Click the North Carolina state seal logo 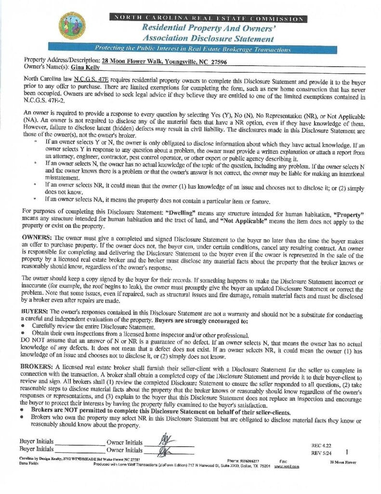[x=72, y=26]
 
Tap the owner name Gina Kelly [x=84, y=68]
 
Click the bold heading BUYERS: [x=35, y=312]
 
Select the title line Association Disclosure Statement [x=208, y=39]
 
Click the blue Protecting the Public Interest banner [x=193, y=49]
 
